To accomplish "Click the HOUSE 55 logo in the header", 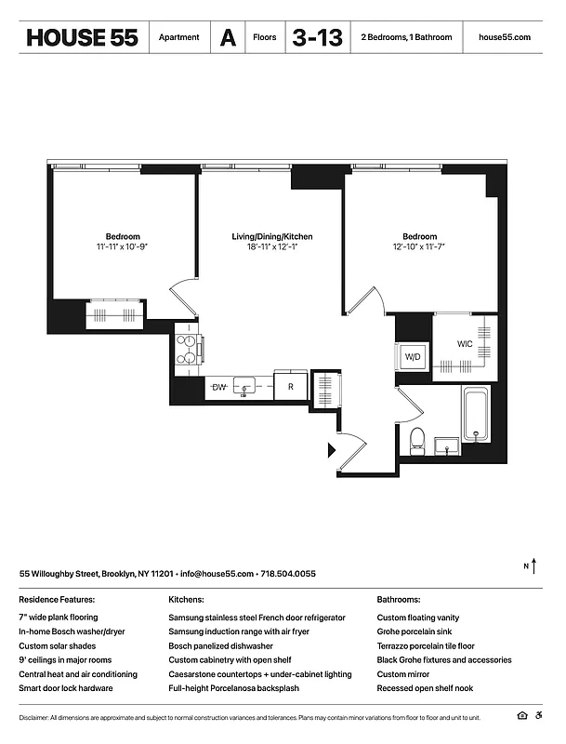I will [x=82, y=37].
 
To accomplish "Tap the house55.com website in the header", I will [x=504, y=37].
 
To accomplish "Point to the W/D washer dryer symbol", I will [x=412, y=356].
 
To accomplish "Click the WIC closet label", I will [x=465, y=344].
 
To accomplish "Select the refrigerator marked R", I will [x=291, y=386].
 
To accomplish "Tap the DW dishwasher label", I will [x=219, y=386].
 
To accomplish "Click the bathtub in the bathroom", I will [x=476, y=414].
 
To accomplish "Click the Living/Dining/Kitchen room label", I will [x=272, y=237].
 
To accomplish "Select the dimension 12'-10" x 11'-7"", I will [x=419, y=247].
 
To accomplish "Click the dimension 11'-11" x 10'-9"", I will [x=123, y=247].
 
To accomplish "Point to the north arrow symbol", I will [x=533, y=565].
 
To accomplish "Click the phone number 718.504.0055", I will [x=288, y=574].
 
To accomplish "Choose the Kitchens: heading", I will [x=186, y=601].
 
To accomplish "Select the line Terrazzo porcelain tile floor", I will [x=426, y=645].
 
